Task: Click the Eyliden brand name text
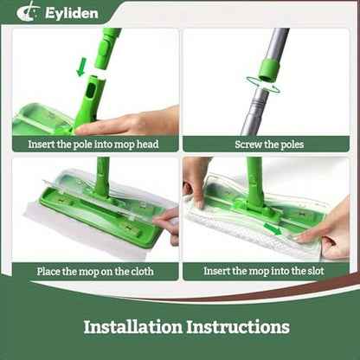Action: coord(72,13)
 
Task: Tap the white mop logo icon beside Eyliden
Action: coord(29,13)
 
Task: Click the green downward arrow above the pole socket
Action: coord(82,67)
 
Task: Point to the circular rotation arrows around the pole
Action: coord(263,85)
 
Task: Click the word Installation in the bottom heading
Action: coord(133,327)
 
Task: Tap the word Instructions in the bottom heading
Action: coord(238,327)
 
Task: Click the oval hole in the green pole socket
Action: coord(91,90)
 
